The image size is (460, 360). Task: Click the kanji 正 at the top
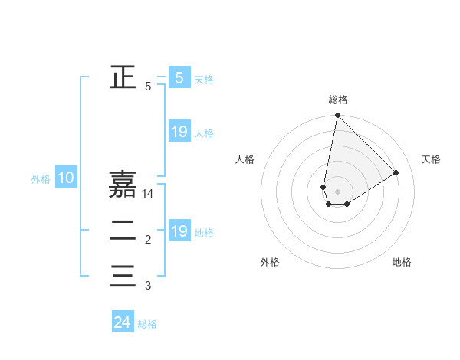[x=123, y=77]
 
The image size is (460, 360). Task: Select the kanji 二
[x=123, y=230]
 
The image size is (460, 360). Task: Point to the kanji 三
[x=123, y=275]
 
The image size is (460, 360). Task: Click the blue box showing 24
[x=123, y=323]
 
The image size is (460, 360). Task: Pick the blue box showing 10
[x=66, y=178]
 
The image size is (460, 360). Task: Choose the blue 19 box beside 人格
[x=179, y=132]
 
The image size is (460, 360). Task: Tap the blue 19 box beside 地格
[x=179, y=231]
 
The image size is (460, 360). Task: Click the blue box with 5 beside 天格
[x=179, y=78]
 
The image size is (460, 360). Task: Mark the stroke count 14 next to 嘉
[x=148, y=195]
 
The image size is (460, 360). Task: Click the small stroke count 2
[x=148, y=241]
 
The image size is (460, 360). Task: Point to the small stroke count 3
[x=148, y=286]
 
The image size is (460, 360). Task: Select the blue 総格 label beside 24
[x=147, y=324]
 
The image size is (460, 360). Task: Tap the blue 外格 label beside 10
[x=41, y=179]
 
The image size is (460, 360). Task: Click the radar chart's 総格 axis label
[x=338, y=100]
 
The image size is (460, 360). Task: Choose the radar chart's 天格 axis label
[x=432, y=159]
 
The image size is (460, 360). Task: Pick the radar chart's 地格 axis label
[x=402, y=262]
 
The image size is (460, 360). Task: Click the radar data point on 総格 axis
[x=337, y=116]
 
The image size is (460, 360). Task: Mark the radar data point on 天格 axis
[x=396, y=172]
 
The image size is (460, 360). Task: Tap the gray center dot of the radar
[x=337, y=191]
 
